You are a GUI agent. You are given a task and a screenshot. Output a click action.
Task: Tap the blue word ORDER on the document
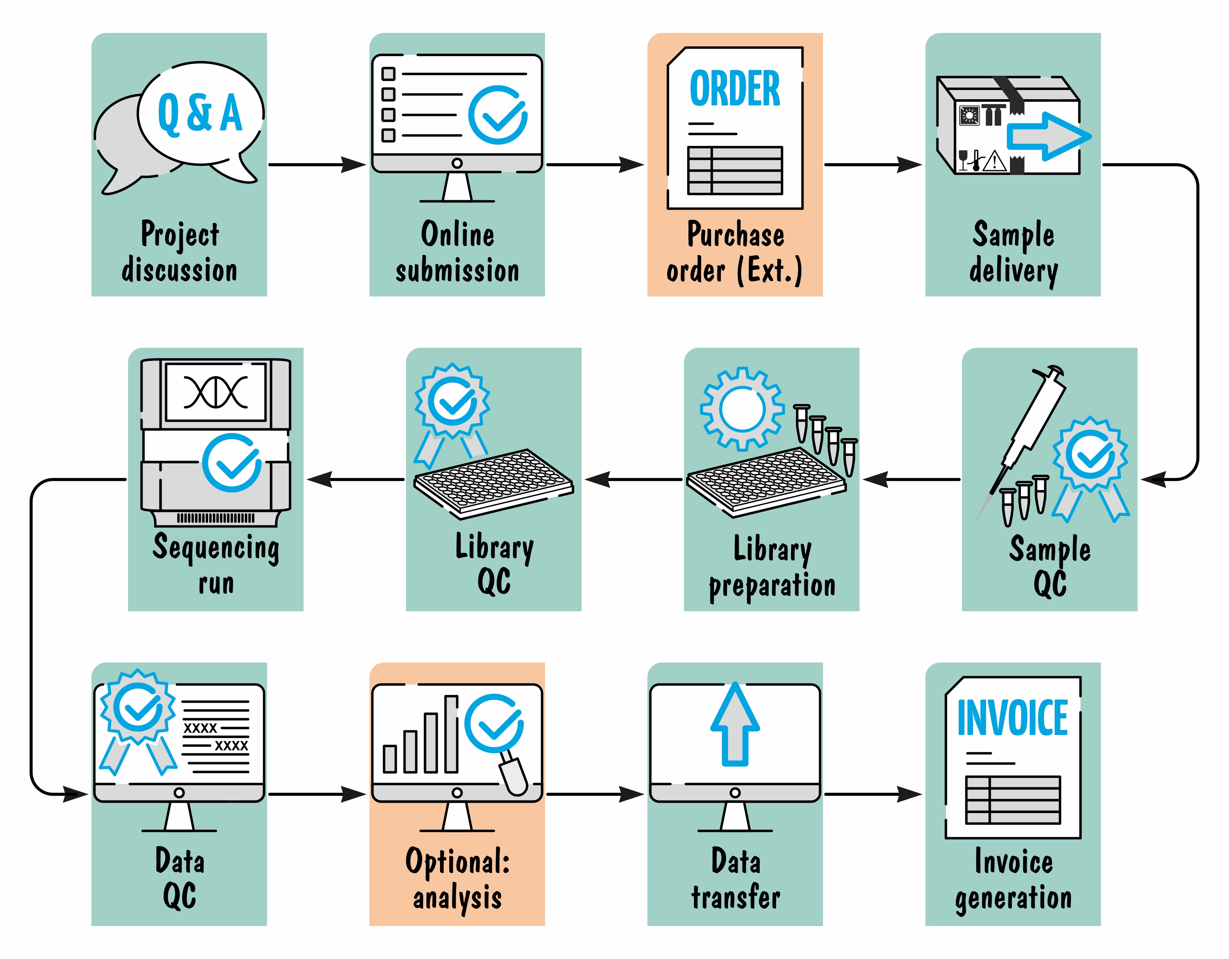point(735,89)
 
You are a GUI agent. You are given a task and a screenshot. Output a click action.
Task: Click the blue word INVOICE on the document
point(1012,718)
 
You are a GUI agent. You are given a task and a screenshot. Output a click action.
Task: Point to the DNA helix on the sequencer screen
point(215,391)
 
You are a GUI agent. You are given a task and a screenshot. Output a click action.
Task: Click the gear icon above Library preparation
point(742,409)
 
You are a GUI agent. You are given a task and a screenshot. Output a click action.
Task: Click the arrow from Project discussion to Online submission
point(317,165)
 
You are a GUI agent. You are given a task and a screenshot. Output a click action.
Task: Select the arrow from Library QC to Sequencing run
point(356,480)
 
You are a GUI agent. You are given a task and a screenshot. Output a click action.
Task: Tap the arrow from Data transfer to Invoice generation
point(873,795)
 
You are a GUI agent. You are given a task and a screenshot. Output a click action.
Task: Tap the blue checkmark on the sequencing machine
point(232,463)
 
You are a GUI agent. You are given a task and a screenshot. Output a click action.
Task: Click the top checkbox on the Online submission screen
point(388,74)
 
